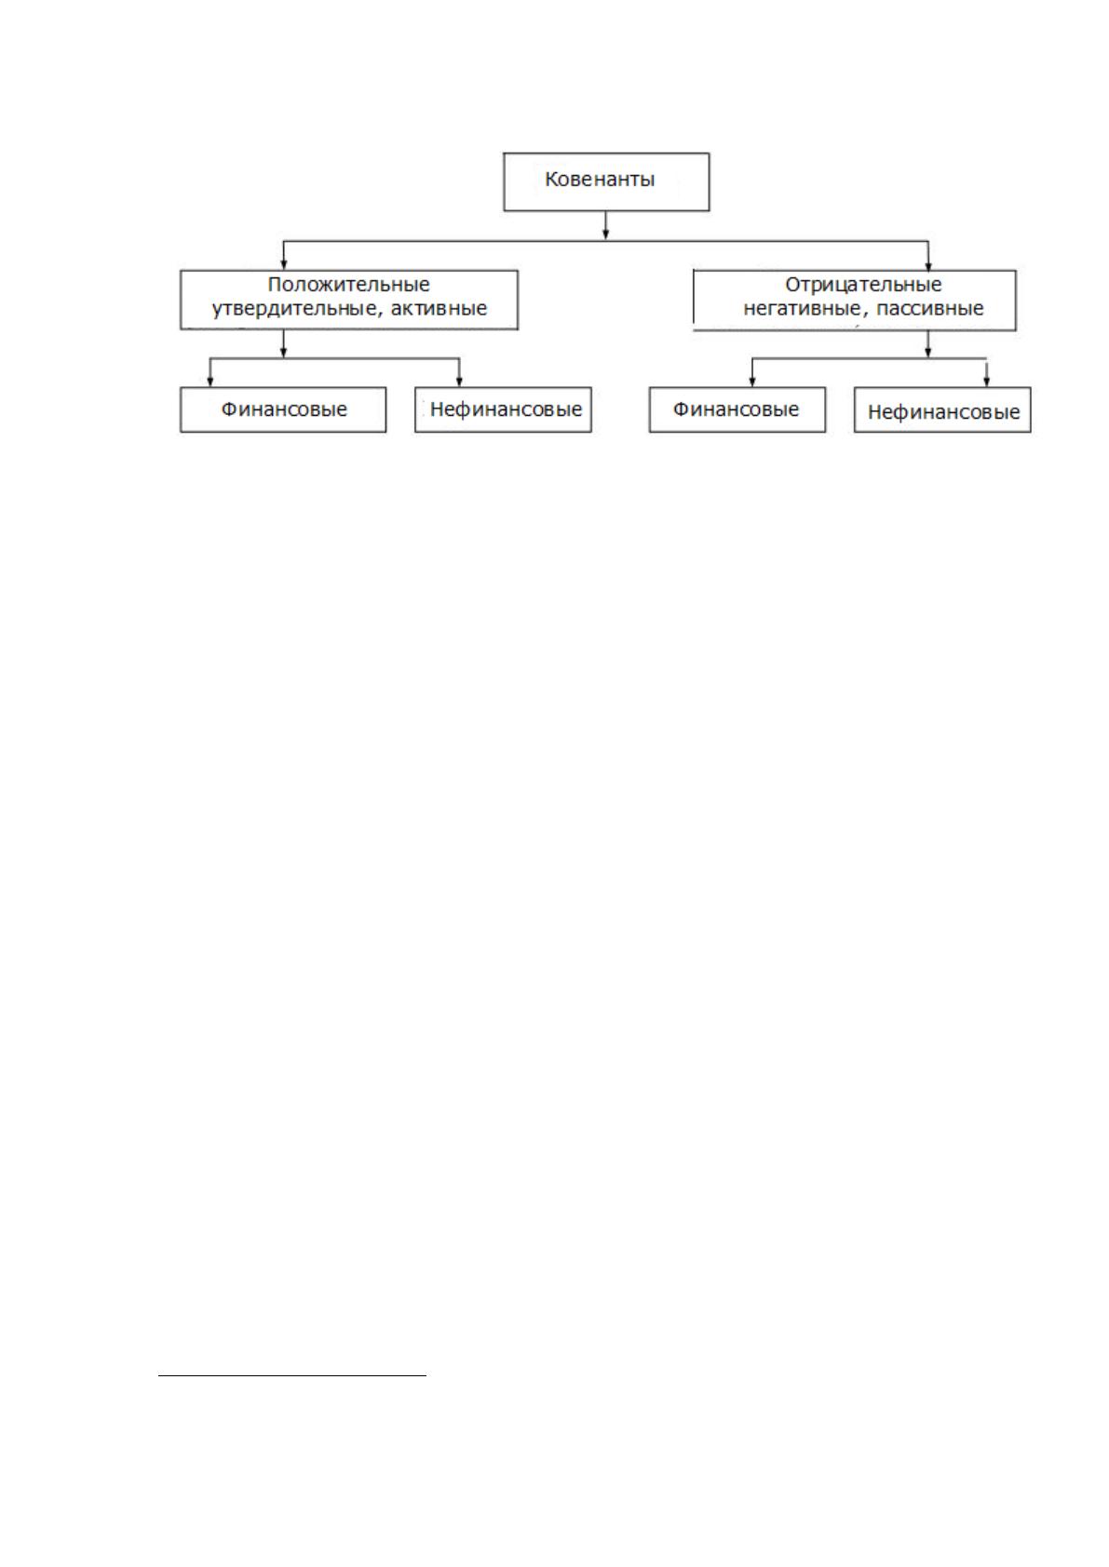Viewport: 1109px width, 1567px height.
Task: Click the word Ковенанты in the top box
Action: coord(600,180)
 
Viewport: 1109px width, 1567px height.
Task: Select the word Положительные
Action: coord(348,285)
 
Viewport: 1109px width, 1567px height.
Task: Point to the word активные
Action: coord(439,309)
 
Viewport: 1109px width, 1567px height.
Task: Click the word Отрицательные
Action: coord(863,285)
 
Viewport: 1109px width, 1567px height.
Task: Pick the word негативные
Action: coord(802,309)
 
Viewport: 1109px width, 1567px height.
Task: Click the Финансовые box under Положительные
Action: coord(283,410)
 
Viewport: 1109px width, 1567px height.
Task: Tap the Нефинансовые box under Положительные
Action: coord(503,410)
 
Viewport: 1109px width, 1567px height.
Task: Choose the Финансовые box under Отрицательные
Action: coord(737,410)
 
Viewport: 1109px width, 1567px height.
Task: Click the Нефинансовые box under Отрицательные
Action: coord(942,410)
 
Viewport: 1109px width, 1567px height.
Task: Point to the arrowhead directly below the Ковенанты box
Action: coord(605,234)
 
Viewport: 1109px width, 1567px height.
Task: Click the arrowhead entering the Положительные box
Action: coord(284,264)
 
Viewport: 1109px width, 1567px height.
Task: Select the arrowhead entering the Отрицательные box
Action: coord(928,264)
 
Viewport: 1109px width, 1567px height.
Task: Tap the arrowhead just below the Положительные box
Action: coord(283,352)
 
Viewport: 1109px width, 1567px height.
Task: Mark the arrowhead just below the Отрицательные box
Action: coord(928,352)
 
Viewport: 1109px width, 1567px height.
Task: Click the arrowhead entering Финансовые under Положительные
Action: coord(210,382)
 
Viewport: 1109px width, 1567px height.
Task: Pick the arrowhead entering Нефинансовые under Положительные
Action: coord(459,382)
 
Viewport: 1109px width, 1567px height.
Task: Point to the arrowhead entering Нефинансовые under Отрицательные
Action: coord(986,382)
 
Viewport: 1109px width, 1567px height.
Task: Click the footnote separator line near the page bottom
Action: coord(292,1375)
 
